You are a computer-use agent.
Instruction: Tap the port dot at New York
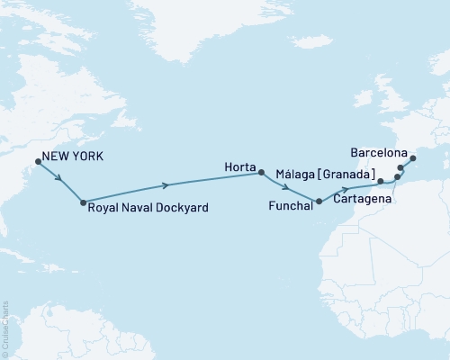(38, 162)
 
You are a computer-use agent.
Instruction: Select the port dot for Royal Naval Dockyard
(83, 202)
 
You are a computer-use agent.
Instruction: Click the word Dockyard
(184, 208)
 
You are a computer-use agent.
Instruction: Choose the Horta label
(240, 166)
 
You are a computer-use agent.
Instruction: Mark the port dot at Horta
(261, 172)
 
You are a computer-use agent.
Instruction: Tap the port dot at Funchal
(318, 201)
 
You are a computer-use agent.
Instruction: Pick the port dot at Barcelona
(413, 159)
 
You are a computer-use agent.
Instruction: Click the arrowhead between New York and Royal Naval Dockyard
(59, 178)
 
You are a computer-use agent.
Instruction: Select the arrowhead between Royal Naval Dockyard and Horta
(166, 185)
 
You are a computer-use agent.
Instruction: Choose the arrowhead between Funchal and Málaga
(346, 191)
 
